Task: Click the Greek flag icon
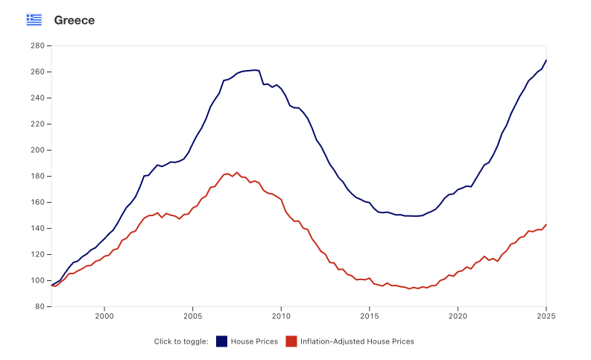point(34,20)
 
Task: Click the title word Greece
point(74,20)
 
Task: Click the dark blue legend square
point(221,341)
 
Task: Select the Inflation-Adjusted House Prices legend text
point(356,341)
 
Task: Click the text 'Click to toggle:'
point(181,341)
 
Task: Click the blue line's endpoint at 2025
point(546,60)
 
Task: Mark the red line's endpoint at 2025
point(546,224)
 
